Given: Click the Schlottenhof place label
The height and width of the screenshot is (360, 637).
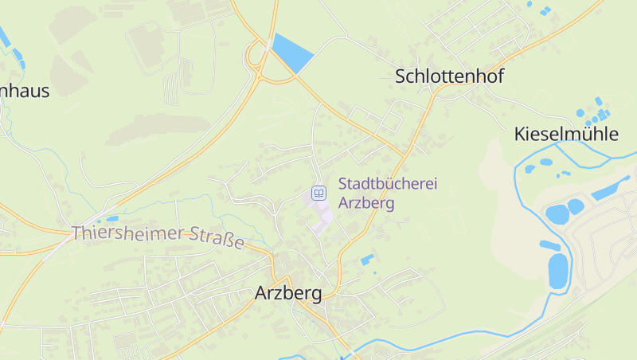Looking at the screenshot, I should click(449, 76).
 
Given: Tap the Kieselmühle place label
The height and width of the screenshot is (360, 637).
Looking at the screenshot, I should click(566, 134).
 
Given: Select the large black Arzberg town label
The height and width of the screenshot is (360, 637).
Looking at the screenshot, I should click(288, 293).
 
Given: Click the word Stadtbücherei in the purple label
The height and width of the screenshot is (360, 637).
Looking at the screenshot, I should click(388, 184).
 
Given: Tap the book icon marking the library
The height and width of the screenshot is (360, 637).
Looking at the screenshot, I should click(318, 193).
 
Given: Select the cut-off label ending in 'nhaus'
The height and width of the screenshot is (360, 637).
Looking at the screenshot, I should click(24, 91).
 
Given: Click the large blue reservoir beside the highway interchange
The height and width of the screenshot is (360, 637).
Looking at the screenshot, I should click(292, 53).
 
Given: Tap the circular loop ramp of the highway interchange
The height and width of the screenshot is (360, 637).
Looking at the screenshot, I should click(257, 57).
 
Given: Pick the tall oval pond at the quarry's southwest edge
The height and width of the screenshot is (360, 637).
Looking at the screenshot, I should click(558, 270).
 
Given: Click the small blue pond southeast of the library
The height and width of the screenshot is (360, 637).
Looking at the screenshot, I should click(366, 260).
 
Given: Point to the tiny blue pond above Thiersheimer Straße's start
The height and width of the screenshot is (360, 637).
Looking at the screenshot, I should click(112, 218).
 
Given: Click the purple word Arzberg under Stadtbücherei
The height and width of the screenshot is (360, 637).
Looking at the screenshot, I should click(366, 202).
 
